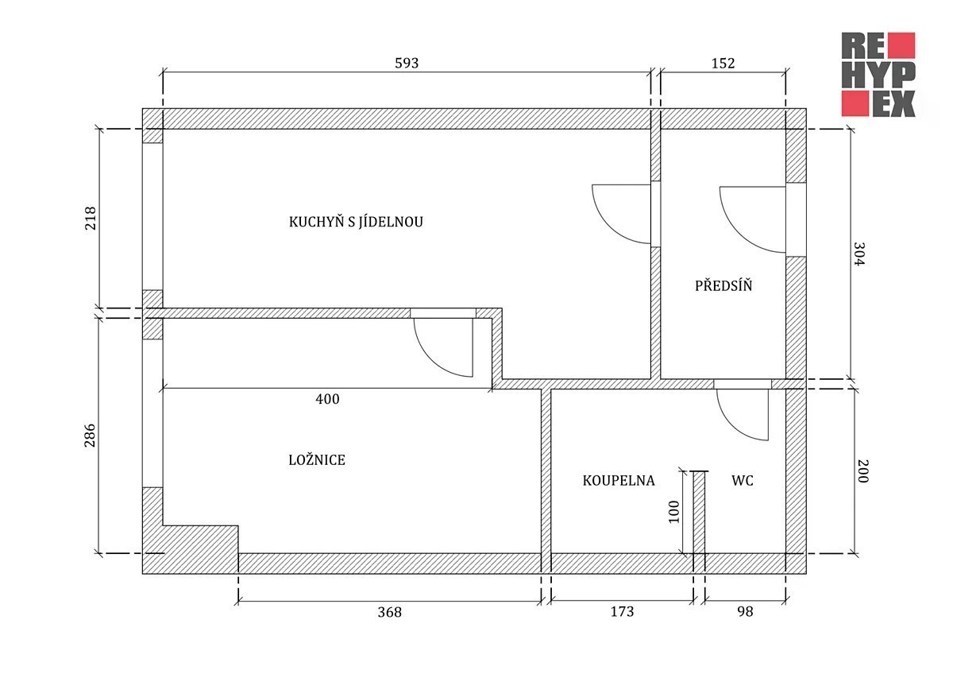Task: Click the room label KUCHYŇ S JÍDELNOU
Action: coord(356,221)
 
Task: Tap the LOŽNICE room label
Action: coord(317,460)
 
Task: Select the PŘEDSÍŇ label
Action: coord(723,285)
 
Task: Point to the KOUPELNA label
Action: coord(619,481)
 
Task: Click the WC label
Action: coord(743,481)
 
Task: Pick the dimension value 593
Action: coord(407,63)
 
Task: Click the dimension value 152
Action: coord(723,64)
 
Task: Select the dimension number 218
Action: coord(91,218)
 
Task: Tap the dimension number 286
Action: coord(91,435)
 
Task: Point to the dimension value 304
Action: coord(859,254)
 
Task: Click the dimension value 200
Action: coord(862,471)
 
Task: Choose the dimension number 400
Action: coord(327,399)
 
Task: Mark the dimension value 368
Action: coord(389,612)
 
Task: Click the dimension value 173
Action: coord(622,612)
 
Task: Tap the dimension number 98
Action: coord(745,612)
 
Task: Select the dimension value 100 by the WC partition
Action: coord(674,512)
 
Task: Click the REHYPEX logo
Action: coord(878,75)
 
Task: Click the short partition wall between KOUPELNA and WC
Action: coord(700,513)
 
